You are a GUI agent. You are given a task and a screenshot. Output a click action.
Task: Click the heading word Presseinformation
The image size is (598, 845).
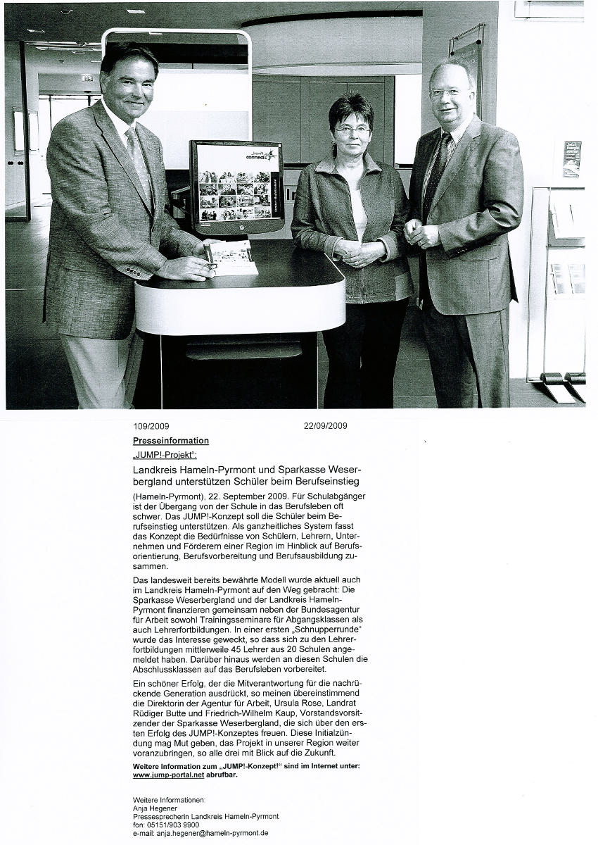point(171,441)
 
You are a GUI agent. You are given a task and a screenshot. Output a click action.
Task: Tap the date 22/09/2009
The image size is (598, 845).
point(325,426)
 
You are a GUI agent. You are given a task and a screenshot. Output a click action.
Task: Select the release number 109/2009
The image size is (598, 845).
point(151,426)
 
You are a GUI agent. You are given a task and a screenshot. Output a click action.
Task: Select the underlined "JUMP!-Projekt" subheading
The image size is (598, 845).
point(155,455)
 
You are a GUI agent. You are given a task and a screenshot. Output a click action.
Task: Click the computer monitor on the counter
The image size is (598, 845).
point(236,187)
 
